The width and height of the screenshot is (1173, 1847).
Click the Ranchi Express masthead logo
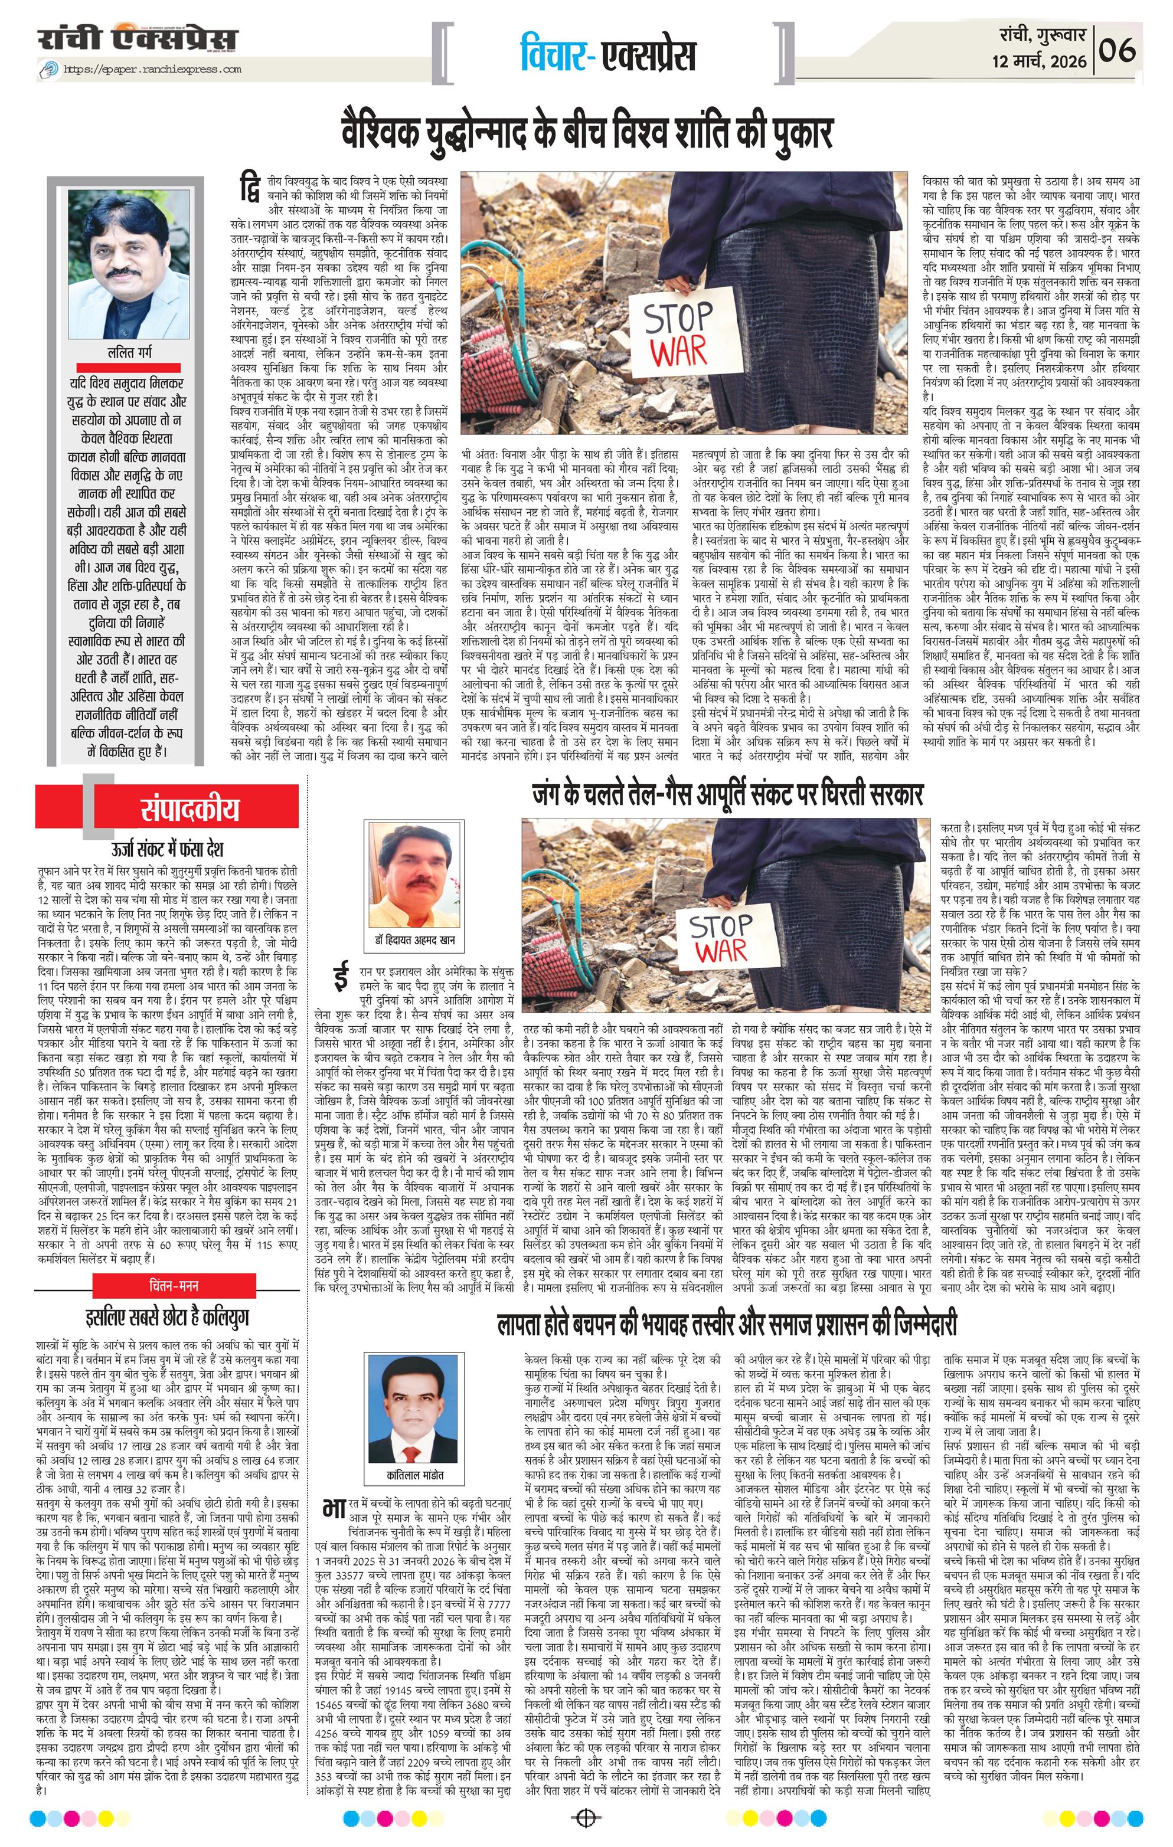138,39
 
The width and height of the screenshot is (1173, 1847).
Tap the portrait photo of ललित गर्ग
128,264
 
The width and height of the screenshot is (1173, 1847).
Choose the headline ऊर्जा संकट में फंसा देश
167,849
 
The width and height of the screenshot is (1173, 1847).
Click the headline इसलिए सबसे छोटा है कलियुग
167,1317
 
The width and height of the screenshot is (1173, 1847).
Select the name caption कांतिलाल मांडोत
415,1475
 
